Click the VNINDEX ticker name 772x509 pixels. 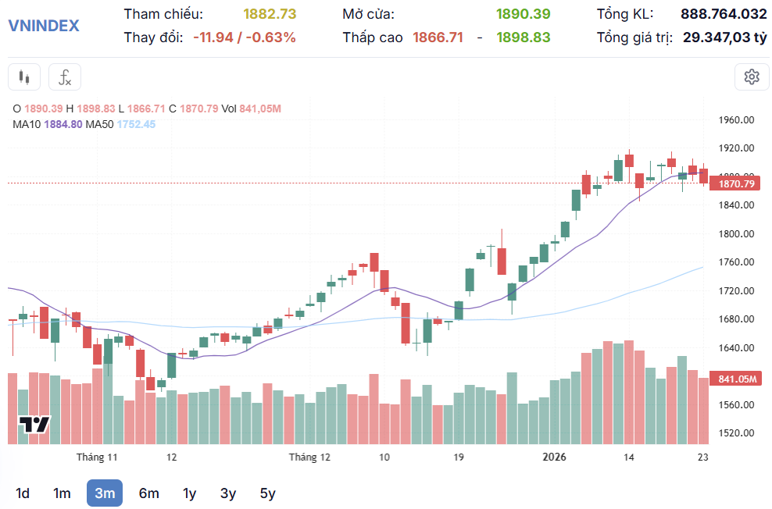44,25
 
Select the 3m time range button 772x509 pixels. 105,493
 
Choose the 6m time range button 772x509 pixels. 148,493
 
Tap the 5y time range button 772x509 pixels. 267,493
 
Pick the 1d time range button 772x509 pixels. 23,493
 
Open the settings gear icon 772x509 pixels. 752,77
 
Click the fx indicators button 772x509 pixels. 65,77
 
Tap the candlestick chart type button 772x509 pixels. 24,77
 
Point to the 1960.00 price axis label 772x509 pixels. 736,120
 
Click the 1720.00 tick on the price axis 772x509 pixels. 736,290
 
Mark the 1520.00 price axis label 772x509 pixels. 736,433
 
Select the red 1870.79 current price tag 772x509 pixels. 737,184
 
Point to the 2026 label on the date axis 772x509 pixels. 554,457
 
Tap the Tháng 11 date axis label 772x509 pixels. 97,457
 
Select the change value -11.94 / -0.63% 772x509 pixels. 244,37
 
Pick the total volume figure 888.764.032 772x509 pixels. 724,14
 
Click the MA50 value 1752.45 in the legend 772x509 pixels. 136,124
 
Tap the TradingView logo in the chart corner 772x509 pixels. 34,425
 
